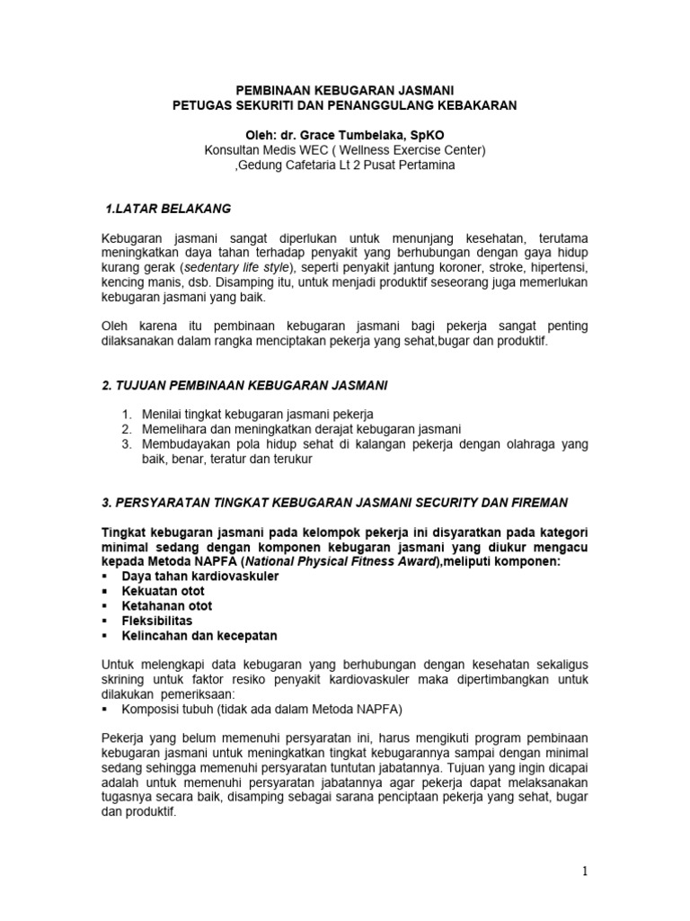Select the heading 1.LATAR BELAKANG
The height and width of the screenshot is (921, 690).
click(168, 209)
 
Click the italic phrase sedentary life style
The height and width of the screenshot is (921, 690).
click(242, 268)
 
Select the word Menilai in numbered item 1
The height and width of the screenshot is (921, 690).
click(163, 414)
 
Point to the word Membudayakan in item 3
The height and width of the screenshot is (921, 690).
click(183, 443)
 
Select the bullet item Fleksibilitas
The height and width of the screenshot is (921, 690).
click(156, 620)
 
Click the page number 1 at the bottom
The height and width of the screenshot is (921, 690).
click(582, 872)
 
